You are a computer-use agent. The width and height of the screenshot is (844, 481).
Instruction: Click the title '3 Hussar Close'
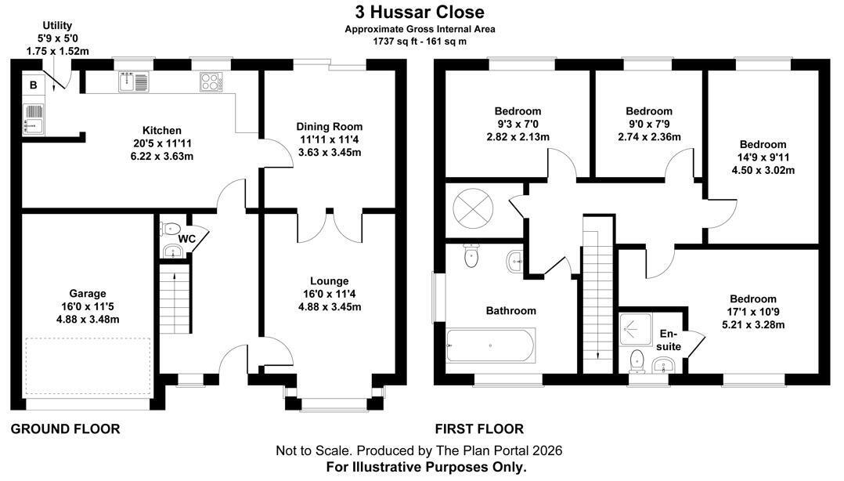(x=420, y=12)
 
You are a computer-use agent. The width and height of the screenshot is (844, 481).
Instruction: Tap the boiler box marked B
(x=34, y=85)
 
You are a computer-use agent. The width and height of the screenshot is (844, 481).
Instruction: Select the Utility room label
(x=57, y=25)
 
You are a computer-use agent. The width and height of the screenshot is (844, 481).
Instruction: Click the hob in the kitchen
(x=211, y=82)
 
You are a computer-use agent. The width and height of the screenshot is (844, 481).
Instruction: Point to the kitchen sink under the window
(x=133, y=82)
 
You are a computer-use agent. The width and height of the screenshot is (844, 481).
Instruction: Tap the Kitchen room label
(x=162, y=130)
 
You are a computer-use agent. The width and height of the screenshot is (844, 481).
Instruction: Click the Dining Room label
(x=330, y=127)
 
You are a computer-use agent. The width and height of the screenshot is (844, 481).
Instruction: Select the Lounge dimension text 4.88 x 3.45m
(x=330, y=307)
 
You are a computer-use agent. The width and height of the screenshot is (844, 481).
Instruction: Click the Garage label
(x=88, y=294)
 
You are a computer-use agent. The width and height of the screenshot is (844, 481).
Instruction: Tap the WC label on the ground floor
(x=186, y=239)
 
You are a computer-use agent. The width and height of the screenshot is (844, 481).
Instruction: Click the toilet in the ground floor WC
(x=170, y=229)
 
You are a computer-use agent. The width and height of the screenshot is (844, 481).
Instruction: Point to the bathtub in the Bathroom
(x=490, y=345)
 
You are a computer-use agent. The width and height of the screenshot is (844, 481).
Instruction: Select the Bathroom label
(x=510, y=311)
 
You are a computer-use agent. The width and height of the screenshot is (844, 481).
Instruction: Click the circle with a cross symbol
(x=473, y=208)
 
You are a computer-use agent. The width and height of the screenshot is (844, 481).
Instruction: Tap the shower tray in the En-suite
(x=636, y=329)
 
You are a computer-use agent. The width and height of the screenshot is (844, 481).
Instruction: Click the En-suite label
(x=669, y=340)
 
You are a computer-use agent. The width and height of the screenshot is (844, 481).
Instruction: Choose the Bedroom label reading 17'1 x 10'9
(x=753, y=299)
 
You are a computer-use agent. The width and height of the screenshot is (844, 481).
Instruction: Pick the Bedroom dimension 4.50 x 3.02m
(x=763, y=170)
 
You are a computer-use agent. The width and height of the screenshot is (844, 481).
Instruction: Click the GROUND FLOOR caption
(x=65, y=429)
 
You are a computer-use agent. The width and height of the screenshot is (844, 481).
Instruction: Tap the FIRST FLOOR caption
(x=479, y=429)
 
